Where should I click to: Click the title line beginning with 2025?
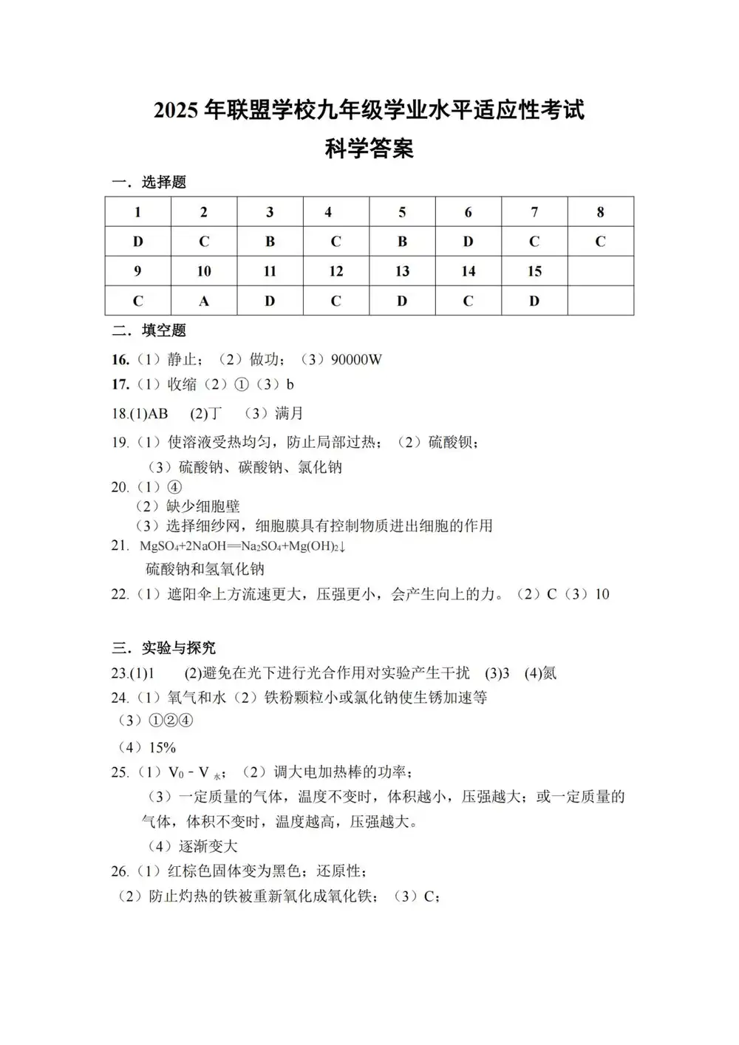click(369, 111)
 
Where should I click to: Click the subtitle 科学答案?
click(369, 149)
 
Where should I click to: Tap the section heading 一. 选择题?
click(149, 182)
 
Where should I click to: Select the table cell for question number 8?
click(600, 212)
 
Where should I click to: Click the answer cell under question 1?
click(137, 242)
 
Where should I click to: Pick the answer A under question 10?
click(204, 301)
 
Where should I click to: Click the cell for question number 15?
click(534, 271)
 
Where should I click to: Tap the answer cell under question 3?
click(270, 242)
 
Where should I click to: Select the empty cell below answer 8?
click(600, 271)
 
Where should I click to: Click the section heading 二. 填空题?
click(149, 330)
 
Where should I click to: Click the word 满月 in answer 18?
click(288, 413)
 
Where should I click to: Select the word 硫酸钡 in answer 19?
click(452, 442)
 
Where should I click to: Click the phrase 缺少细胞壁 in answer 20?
click(203, 506)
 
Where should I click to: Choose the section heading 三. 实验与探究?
click(163, 648)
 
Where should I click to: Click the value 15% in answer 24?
click(162, 747)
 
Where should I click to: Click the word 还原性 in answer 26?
click(338, 871)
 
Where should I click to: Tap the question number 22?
click(120, 594)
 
